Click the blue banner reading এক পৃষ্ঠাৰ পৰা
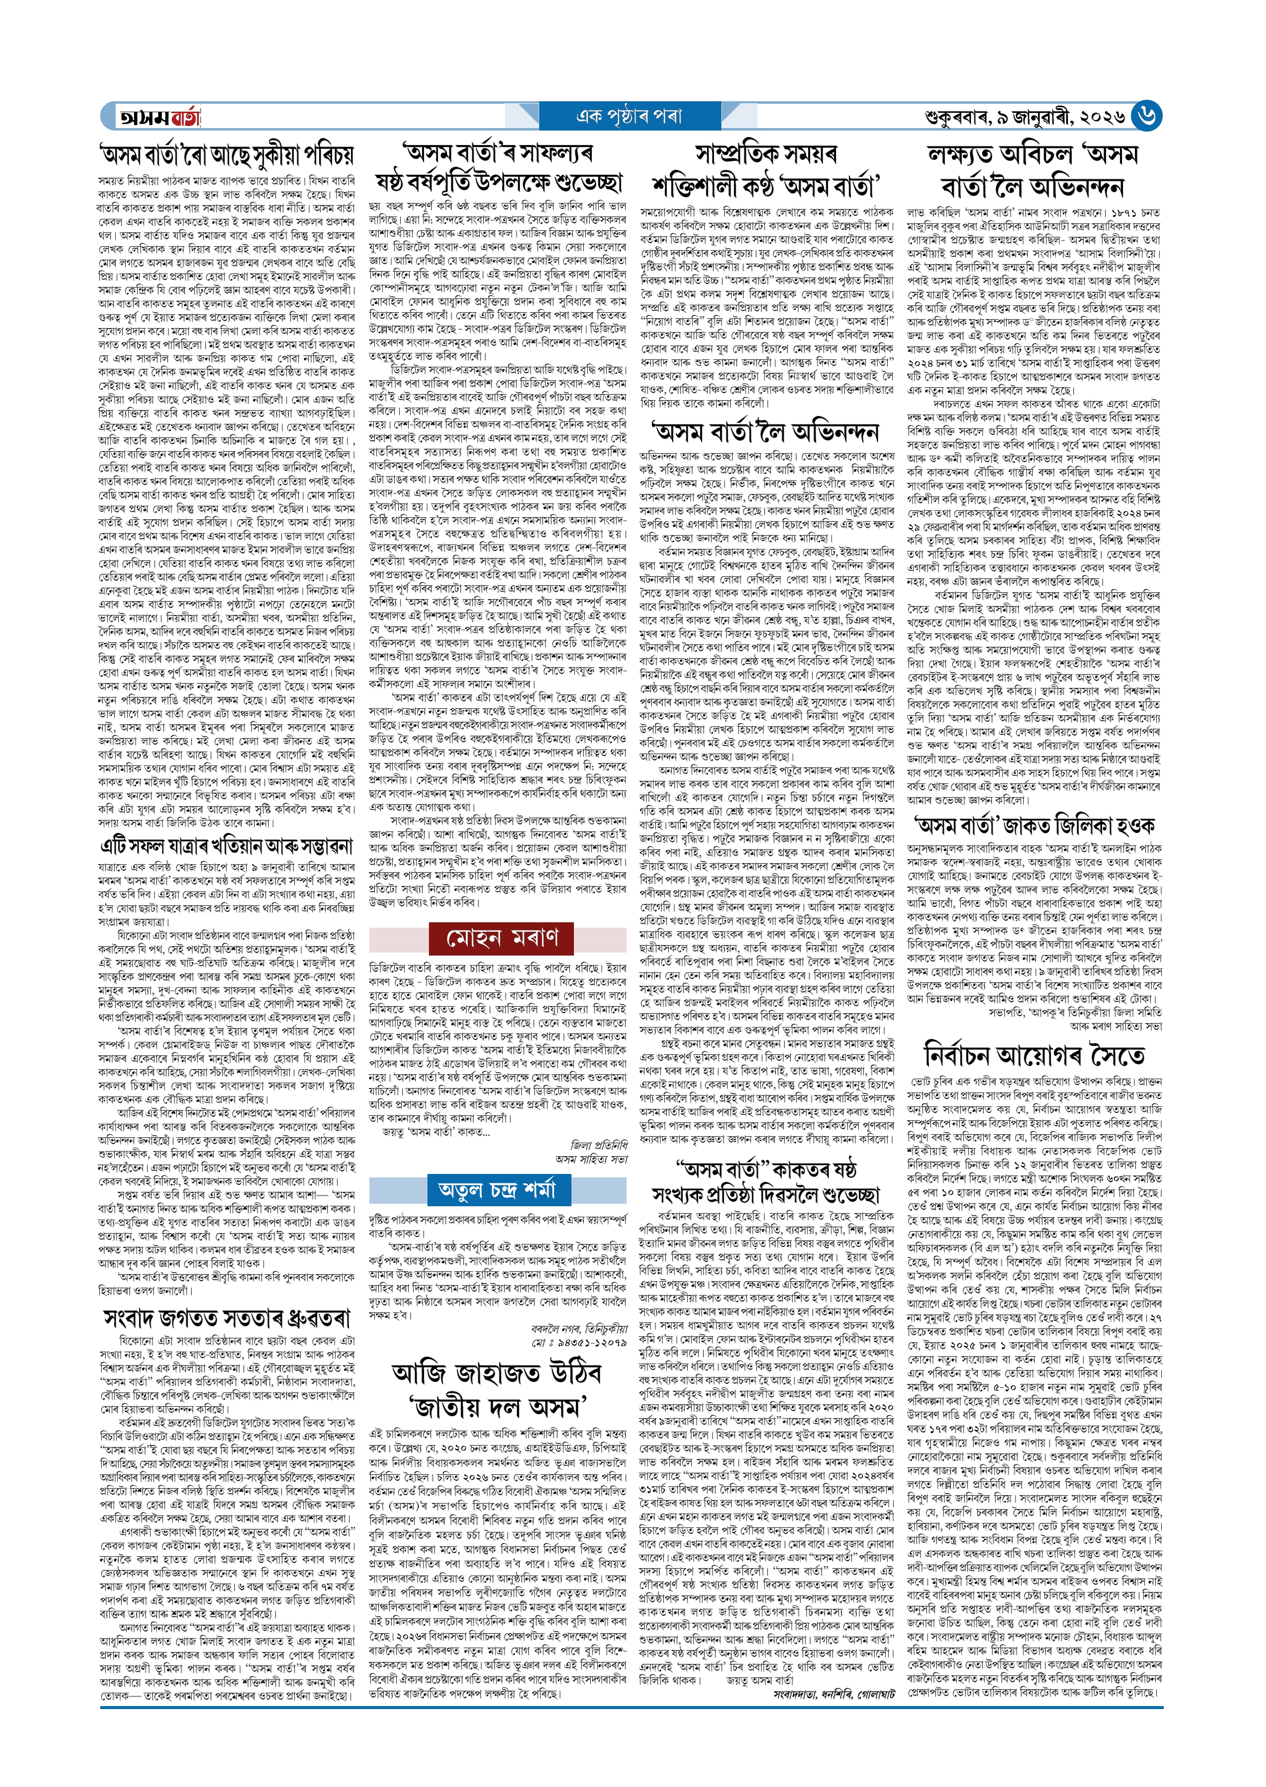[629, 117]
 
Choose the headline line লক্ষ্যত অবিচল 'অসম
[1034, 153]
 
